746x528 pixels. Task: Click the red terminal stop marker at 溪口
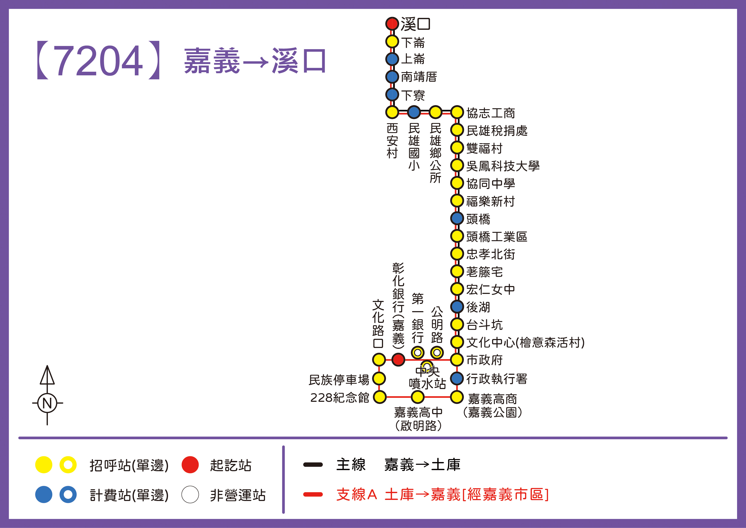click(392, 24)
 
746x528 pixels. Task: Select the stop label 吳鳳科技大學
click(503, 166)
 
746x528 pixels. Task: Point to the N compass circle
click(47, 403)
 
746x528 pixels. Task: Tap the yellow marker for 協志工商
click(457, 112)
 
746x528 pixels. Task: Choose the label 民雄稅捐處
click(497, 131)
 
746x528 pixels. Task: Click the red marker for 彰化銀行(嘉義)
click(398, 360)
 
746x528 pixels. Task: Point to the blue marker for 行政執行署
click(457, 378)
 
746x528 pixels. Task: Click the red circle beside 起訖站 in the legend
click(190, 465)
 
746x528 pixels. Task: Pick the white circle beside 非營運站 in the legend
click(190, 495)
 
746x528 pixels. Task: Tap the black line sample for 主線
click(313, 465)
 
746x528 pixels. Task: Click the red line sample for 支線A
click(313, 495)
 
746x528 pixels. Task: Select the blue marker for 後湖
click(457, 306)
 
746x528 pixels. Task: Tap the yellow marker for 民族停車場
click(379, 378)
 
